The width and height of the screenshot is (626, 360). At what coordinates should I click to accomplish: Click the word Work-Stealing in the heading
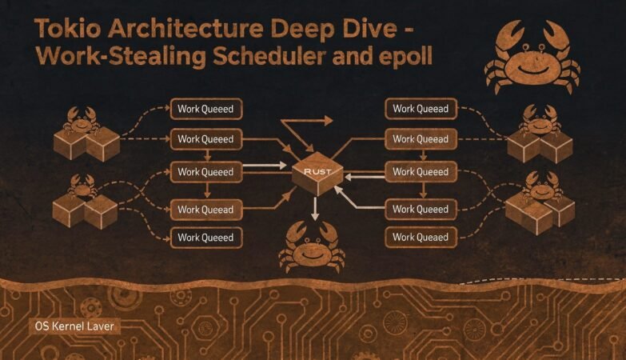[121, 56]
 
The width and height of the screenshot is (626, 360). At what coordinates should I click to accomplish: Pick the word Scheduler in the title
[269, 55]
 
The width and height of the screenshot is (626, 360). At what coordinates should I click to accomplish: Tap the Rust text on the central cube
[317, 171]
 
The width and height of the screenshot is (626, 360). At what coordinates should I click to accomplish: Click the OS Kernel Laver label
[74, 326]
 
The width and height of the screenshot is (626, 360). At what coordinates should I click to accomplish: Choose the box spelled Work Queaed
[421, 237]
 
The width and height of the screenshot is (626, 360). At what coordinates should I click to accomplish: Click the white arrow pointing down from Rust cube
[315, 208]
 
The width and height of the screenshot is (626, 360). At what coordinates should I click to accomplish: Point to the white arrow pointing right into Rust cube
[265, 165]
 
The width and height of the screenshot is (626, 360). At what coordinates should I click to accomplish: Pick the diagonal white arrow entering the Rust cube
[358, 197]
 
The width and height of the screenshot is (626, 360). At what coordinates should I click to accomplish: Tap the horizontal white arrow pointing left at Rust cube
[365, 176]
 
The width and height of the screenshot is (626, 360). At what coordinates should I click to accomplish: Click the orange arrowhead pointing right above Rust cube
[328, 120]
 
